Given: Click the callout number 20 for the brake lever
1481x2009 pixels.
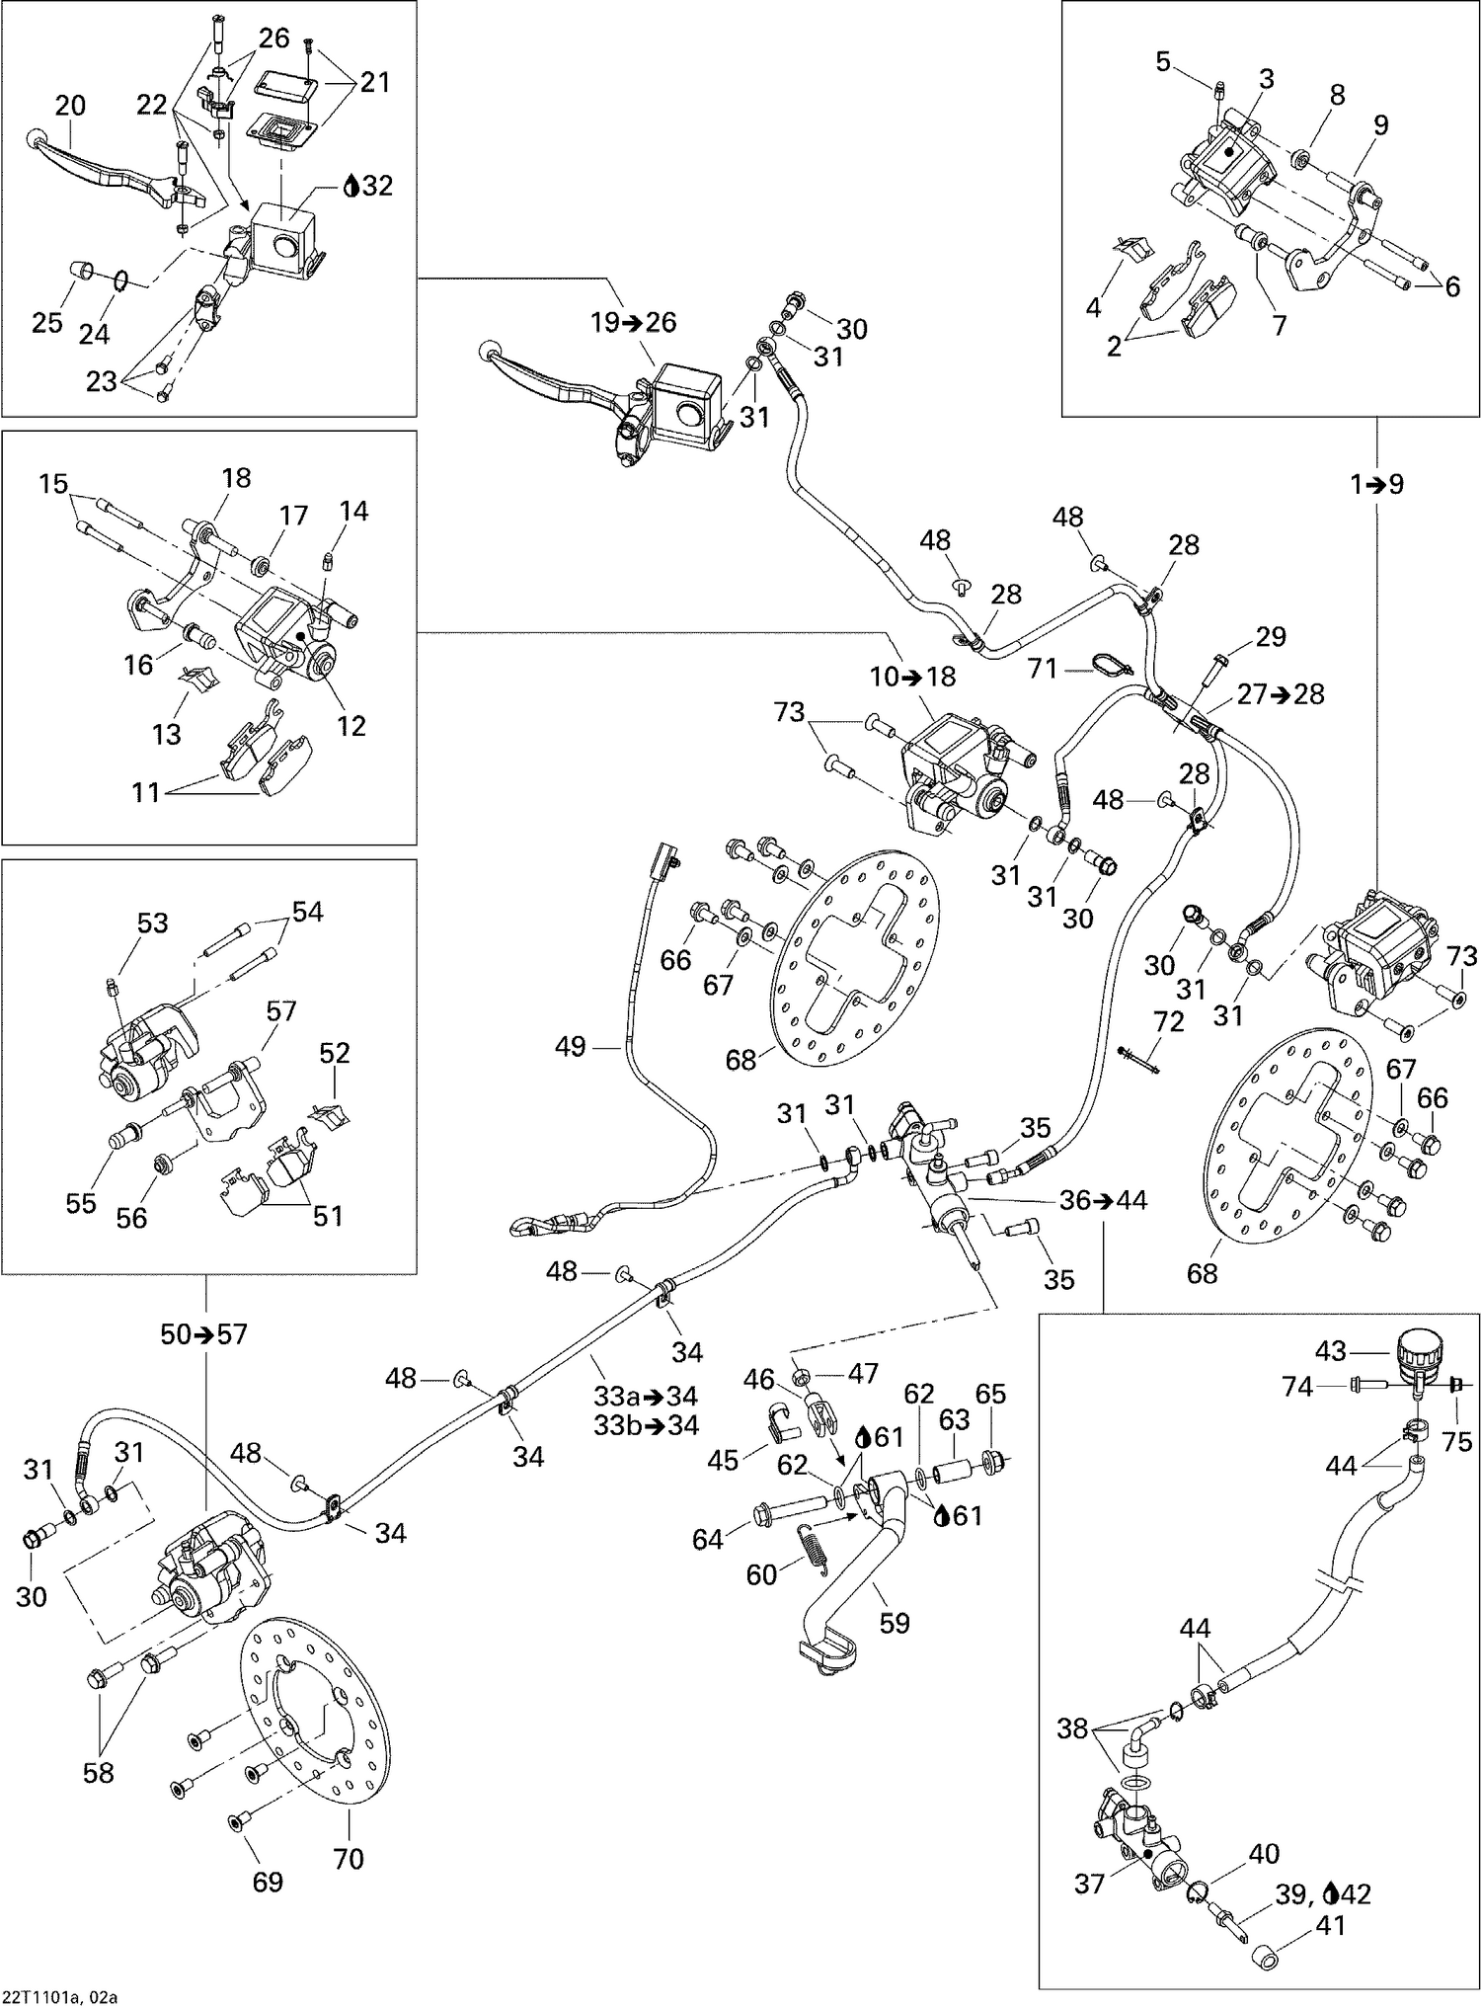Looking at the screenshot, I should point(70,106).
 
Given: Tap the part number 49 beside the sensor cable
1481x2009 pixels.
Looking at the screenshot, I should point(571,1046).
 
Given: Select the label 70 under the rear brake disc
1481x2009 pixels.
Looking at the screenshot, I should point(349,1859).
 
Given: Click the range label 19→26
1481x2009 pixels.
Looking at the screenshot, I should point(634,322).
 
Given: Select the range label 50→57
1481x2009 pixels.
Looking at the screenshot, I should point(204,1333).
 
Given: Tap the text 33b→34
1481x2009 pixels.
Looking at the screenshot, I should point(646,1424).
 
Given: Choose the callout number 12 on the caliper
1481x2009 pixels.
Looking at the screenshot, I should point(351,726).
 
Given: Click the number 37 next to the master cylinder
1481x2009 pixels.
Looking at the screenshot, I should point(1089,1885).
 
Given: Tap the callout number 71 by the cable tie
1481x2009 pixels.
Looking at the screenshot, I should point(1043,669).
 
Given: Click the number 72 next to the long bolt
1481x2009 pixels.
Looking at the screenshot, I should point(1169,1022).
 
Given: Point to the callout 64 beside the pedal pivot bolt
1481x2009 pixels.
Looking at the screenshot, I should point(707,1538).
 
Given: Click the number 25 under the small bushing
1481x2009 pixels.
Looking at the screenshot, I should point(47,323).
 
